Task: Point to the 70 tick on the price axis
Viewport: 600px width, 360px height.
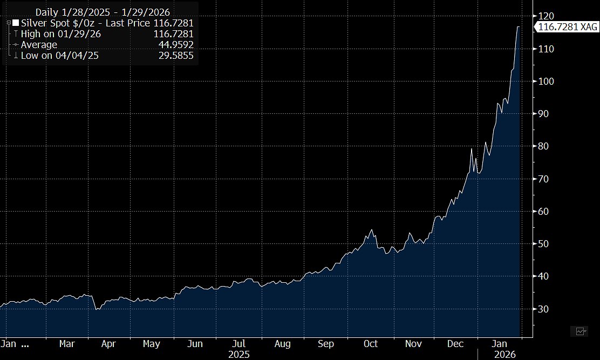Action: click(544, 179)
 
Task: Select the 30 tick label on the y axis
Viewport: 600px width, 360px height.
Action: click(544, 309)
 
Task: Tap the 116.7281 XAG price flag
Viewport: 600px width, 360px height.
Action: click(566, 26)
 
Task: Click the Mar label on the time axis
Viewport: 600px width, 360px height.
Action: click(66, 344)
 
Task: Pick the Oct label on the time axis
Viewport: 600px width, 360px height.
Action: click(371, 344)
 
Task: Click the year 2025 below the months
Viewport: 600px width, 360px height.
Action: click(238, 355)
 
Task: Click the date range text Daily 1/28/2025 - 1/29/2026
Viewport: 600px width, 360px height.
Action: click(103, 12)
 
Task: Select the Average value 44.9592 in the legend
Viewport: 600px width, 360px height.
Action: click(175, 45)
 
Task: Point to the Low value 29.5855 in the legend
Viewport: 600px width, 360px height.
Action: click(175, 56)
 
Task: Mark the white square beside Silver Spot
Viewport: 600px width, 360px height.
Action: click(16, 23)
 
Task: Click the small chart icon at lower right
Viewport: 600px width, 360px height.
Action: click(581, 331)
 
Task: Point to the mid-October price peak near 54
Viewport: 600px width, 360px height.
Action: click(372, 230)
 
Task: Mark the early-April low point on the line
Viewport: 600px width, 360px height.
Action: click(96, 309)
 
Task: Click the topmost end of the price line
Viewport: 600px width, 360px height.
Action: click(519, 26)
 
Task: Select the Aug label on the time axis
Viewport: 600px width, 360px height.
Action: click(282, 344)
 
